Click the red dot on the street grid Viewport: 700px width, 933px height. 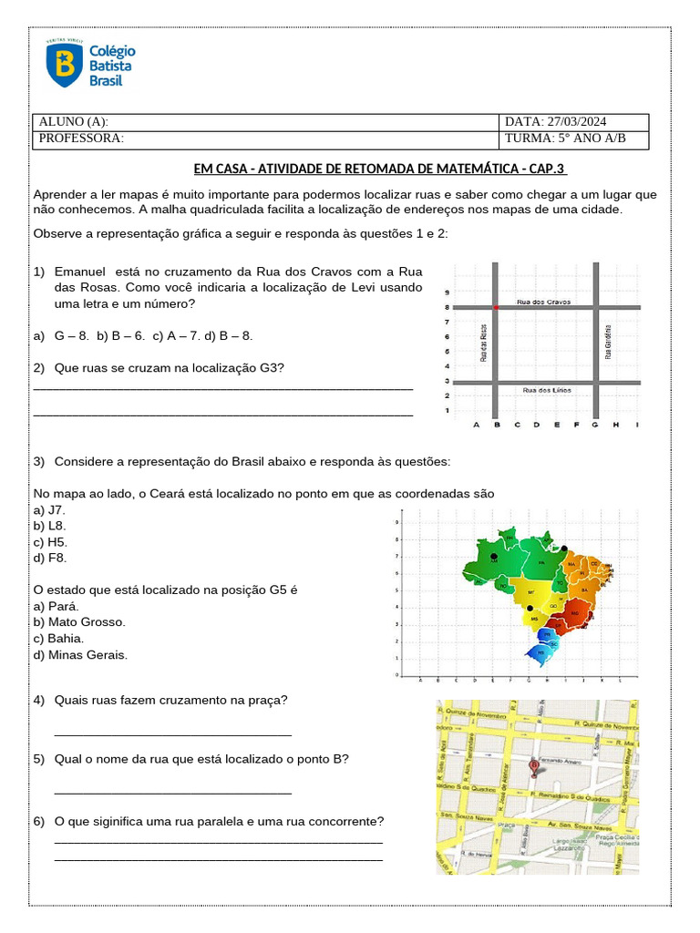(496, 308)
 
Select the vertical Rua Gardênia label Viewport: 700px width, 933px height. (608, 342)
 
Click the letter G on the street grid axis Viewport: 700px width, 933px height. (595, 425)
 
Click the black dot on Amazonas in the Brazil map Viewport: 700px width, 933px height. (493, 556)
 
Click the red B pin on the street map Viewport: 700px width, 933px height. (534, 768)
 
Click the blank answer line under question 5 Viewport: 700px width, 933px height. (173, 793)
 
